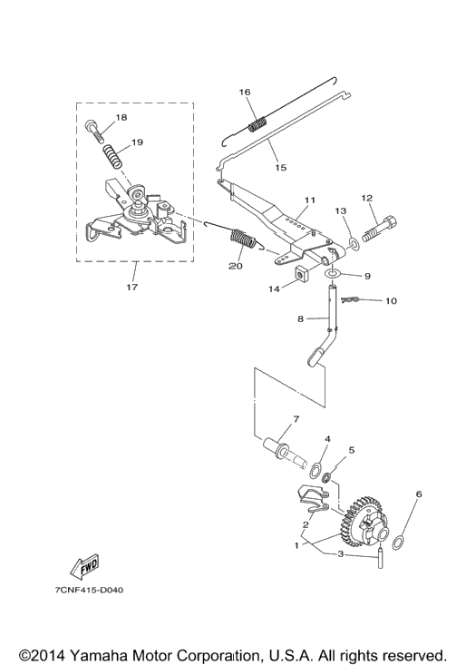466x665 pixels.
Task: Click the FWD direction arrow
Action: (x=84, y=567)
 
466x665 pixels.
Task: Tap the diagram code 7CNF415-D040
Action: (x=89, y=590)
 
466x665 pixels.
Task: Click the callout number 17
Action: (x=132, y=287)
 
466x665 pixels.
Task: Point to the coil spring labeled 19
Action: (x=113, y=156)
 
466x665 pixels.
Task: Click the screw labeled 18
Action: (x=95, y=131)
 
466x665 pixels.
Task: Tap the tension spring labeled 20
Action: (x=240, y=240)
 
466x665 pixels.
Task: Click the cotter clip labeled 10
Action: (x=350, y=300)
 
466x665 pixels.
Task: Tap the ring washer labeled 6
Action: (x=398, y=543)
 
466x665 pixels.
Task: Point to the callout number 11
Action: (x=310, y=200)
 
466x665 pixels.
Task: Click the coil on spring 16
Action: (x=258, y=124)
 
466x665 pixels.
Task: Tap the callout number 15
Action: (x=281, y=168)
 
